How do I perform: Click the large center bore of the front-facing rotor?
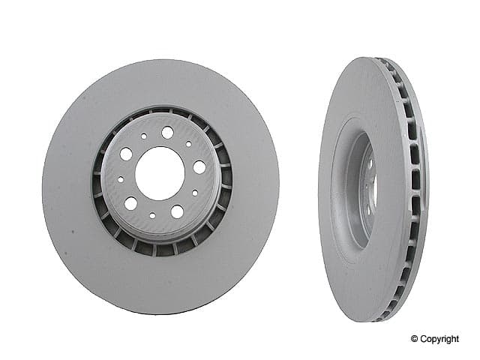coord(160,173)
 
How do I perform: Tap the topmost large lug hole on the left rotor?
coord(167,132)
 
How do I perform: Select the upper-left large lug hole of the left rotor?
coord(126,154)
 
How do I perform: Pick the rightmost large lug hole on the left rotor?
coord(199,167)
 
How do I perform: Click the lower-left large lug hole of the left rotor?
coord(130,203)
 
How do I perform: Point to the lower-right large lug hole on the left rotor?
coord(177,211)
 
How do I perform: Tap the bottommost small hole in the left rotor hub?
coord(152,215)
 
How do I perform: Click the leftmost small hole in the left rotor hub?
coord(121,179)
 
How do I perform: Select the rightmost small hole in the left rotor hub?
coord(195,193)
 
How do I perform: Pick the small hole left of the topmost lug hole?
coord(143,136)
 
